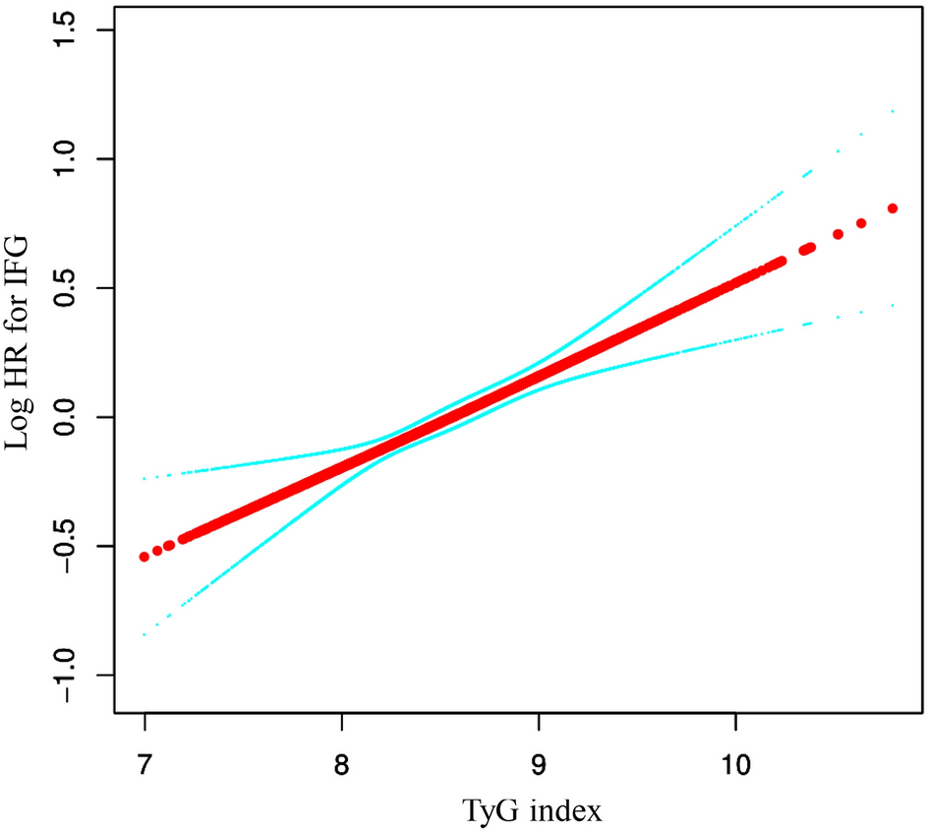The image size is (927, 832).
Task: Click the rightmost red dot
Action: [893, 208]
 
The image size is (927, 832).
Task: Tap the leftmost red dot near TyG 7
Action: [145, 557]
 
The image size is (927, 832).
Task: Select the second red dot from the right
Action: [861, 223]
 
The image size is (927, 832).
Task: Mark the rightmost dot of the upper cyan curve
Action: [893, 111]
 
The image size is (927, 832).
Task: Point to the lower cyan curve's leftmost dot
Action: [145, 635]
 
